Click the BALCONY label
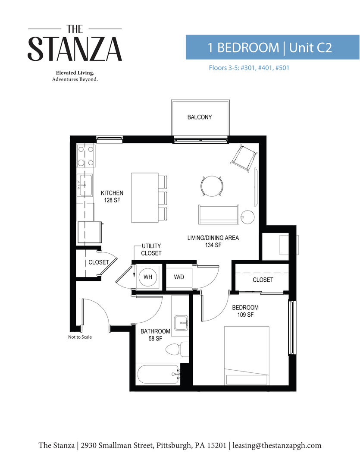point(200,117)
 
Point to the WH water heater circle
point(147,277)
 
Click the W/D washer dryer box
point(179,277)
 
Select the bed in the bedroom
point(247,356)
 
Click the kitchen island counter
point(144,198)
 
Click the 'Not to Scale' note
point(80,337)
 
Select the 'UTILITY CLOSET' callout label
point(151,250)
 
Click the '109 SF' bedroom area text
point(245,315)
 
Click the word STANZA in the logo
point(75,49)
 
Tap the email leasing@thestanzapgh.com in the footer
point(277,445)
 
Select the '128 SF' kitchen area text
point(112,200)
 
